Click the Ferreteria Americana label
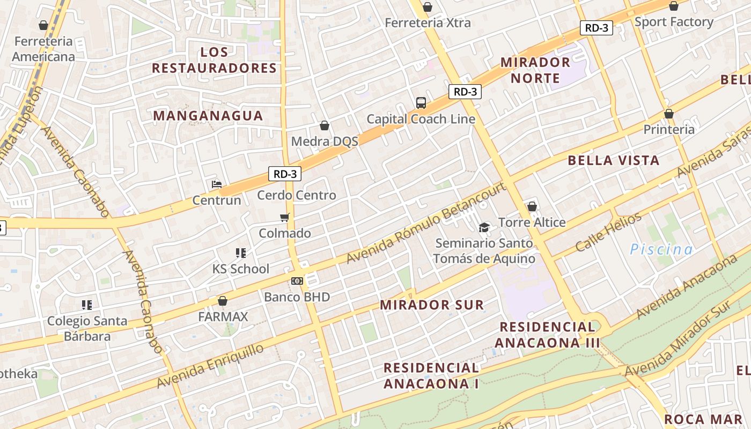point(43,49)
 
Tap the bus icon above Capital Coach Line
point(421,102)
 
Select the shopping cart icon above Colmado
point(285,217)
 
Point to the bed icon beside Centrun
point(217,184)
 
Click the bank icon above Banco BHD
point(297,280)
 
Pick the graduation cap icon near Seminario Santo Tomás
point(484,227)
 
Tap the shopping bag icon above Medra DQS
point(325,125)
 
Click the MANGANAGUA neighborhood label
point(208,116)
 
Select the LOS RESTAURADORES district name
point(214,60)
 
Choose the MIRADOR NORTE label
point(535,70)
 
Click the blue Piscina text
point(661,249)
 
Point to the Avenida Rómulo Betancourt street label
point(426,223)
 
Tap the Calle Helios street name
point(608,232)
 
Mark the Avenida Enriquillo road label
point(210,366)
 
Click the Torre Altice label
point(532,222)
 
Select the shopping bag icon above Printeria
point(668,114)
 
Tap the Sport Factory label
point(674,22)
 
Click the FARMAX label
point(223,316)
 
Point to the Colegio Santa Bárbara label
point(87,329)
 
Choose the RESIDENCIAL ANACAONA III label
point(547,335)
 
